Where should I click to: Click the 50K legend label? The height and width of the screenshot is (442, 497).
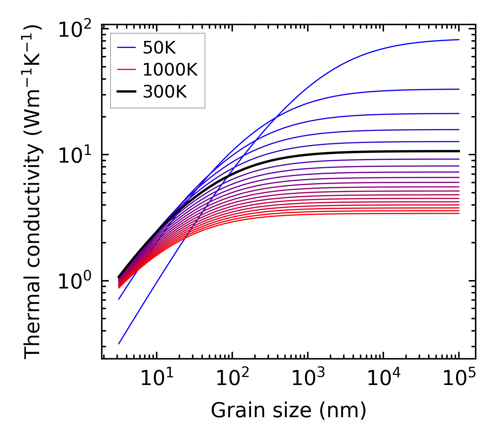point(159,48)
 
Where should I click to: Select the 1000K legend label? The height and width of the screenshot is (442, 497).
point(170,70)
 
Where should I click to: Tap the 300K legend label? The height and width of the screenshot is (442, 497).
point(165,92)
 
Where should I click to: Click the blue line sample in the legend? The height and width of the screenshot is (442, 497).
point(126,48)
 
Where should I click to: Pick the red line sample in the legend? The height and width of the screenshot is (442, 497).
point(126,70)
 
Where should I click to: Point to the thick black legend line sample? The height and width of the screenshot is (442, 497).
point(126,92)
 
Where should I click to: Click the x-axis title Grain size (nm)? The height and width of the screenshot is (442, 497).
point(289,410)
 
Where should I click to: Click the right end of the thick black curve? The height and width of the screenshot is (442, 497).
point(459,151)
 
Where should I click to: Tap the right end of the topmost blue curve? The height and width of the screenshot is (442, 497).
point(459,40)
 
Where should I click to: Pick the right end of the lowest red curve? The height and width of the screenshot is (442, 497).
point(459,213)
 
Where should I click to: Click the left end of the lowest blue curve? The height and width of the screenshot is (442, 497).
point(119,344)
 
